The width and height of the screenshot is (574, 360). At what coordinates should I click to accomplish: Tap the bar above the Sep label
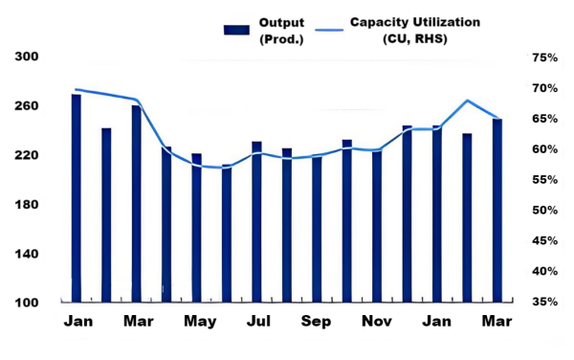pos(317,229)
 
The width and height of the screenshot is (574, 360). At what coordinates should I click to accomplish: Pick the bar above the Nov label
pos(377,226)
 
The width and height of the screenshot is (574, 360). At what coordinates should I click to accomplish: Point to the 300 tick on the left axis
pos(28,57)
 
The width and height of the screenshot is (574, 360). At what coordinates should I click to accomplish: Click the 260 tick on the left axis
pos(28,106)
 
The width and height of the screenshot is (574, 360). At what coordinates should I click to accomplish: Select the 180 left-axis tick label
pos(28,205)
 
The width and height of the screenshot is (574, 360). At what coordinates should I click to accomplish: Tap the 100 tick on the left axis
pos(28,304)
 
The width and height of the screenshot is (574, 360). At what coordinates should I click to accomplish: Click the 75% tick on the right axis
pos(544,57)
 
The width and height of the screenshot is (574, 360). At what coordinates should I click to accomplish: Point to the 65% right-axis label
pos(544,119)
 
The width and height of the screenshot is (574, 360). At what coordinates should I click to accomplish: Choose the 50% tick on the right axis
pos(544,211)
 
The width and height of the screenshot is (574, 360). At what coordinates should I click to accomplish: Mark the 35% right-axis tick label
pos(544,303)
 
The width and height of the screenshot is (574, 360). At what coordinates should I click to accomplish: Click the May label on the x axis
pos(200,321)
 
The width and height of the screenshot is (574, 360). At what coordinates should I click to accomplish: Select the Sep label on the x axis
pos(317,321)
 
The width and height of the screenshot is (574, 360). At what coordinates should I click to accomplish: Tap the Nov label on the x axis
pos(377,321)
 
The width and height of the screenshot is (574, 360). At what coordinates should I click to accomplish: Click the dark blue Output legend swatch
pos(236,29)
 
